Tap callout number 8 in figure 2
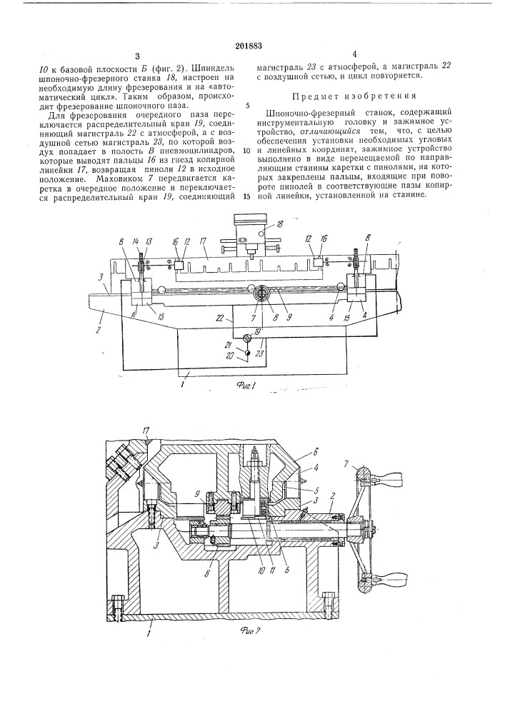208,571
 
